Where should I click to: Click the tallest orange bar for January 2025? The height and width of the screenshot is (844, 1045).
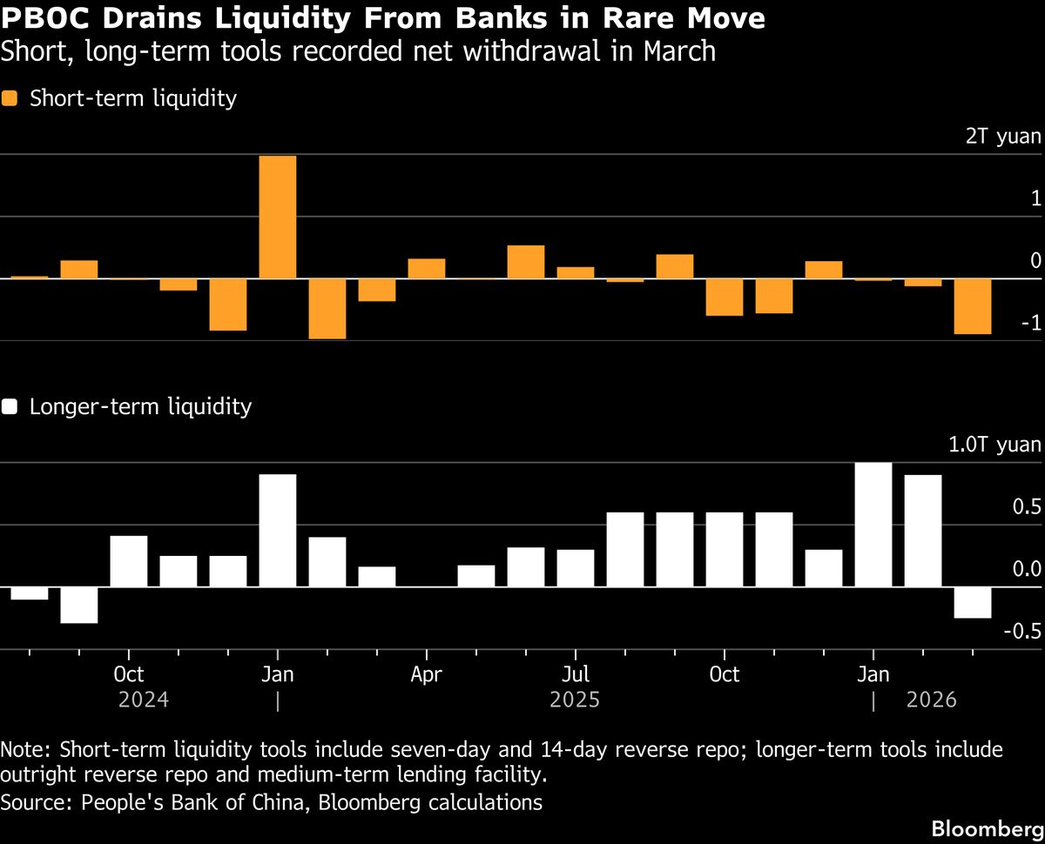(x=278, y=218)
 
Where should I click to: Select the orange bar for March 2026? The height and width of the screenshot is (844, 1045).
(x=973, y=306)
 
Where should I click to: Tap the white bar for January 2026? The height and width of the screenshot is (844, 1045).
(x=873, y=525)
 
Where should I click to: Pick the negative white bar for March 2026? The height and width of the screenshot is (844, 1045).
(x=973, y=602)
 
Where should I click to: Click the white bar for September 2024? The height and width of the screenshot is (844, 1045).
(x=79, y=605)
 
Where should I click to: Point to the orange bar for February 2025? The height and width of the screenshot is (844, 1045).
(x=327, y=309)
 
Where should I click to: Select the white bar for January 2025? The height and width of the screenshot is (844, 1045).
(x=278, y=531)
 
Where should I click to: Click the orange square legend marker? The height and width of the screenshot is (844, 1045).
(x=10, y=98)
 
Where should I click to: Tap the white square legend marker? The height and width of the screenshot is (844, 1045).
(x=10, y=406)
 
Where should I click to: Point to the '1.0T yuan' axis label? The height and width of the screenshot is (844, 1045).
(x=994, y=445)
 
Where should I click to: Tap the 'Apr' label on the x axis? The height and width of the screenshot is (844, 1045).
(x=427, y=675)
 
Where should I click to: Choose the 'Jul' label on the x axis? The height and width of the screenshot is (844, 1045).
(x=576, y=675)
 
